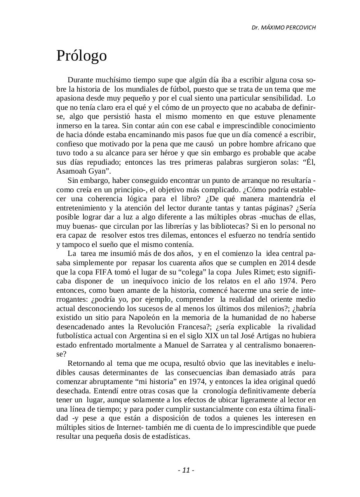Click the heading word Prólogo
click(82, 56)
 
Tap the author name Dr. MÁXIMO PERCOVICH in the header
click(283, 28)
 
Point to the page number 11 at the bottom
click(186, 470)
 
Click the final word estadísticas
click(169, 436)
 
